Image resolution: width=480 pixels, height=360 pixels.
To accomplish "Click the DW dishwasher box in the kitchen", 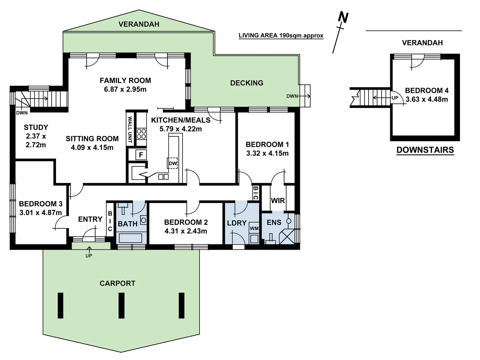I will tap(172, 163).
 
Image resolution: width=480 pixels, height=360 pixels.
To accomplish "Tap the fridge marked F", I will tap(141, 155).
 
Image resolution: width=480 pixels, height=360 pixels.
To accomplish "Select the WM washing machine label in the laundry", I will tap(254, 228).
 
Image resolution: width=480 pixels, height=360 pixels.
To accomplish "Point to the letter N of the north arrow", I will tap(343, 17).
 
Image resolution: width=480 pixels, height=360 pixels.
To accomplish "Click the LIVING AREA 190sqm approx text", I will tap(281, 35).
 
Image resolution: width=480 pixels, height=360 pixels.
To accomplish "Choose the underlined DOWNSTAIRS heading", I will tap(425, 150).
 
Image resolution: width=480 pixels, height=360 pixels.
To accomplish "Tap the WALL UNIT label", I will tap(130, 129).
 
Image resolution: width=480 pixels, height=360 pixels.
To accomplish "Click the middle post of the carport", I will tap(121, 305).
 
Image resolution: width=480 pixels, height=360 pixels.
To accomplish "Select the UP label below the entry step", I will tap(89, 256).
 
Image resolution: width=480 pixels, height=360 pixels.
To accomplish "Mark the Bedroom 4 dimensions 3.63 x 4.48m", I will tap(427, 99).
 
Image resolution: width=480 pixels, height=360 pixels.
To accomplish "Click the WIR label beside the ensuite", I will tap(278, 201).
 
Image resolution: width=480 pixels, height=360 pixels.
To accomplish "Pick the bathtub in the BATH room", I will tap(131, 238).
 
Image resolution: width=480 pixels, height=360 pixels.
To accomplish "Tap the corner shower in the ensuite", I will tap(287, 237).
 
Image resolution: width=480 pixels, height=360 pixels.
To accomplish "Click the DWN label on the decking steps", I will tap(292, 96).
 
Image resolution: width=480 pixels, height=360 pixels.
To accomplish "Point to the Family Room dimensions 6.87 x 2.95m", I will tap(125, 89).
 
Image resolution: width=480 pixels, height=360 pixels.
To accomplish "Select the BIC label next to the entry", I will tap(110, 221).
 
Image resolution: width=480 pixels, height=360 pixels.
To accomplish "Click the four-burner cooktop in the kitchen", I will tap(141, 134).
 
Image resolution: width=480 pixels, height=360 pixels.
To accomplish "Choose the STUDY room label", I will tap(36, 127).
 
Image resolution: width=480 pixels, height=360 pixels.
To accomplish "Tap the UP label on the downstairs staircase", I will tap(395, 98).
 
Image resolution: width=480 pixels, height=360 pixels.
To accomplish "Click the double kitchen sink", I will tap(163, 177).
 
